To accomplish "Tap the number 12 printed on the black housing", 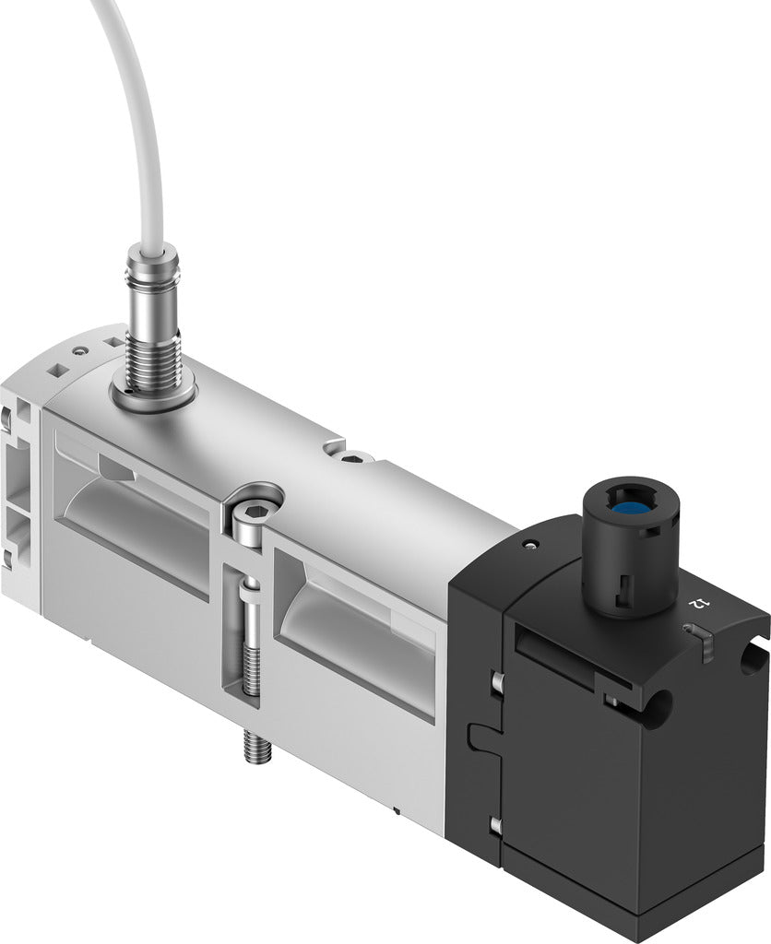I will [x=700, y=603].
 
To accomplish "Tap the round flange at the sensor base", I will [x=152, y=396].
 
